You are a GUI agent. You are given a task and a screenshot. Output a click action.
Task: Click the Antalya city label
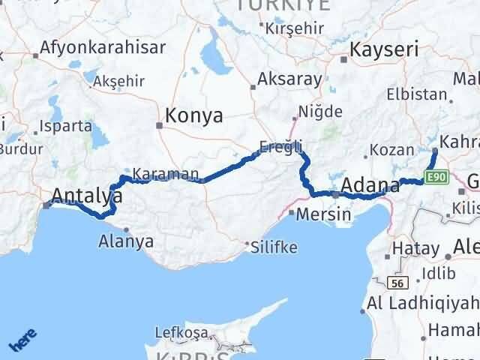point(87,196)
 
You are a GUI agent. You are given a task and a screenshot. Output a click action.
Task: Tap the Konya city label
point(193,116)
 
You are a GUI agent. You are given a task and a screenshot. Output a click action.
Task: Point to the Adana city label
point(370,185)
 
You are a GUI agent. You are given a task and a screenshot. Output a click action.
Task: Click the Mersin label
point(324,214)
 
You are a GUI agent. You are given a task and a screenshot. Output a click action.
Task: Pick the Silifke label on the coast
point(275,247)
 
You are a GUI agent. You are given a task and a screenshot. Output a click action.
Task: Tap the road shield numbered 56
point(398,283)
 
